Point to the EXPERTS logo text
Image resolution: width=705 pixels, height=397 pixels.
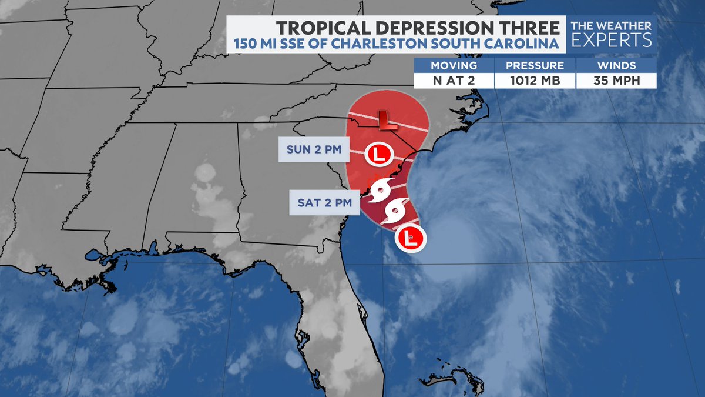[x=613, y=40]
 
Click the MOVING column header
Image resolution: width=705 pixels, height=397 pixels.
[x=454, y=65]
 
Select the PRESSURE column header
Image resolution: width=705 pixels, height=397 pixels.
[x=535, y=65]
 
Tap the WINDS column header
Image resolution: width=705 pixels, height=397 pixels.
[x=616, y=65]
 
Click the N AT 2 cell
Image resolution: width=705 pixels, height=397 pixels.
[x=454, y=81]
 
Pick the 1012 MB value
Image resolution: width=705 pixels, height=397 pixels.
[x=535, y=81]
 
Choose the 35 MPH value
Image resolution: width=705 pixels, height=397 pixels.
[x=616, y=81]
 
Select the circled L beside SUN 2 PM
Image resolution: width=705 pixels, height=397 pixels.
[x=378, y=155]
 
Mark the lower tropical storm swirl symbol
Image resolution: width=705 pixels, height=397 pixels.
[x=395, y=212]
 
